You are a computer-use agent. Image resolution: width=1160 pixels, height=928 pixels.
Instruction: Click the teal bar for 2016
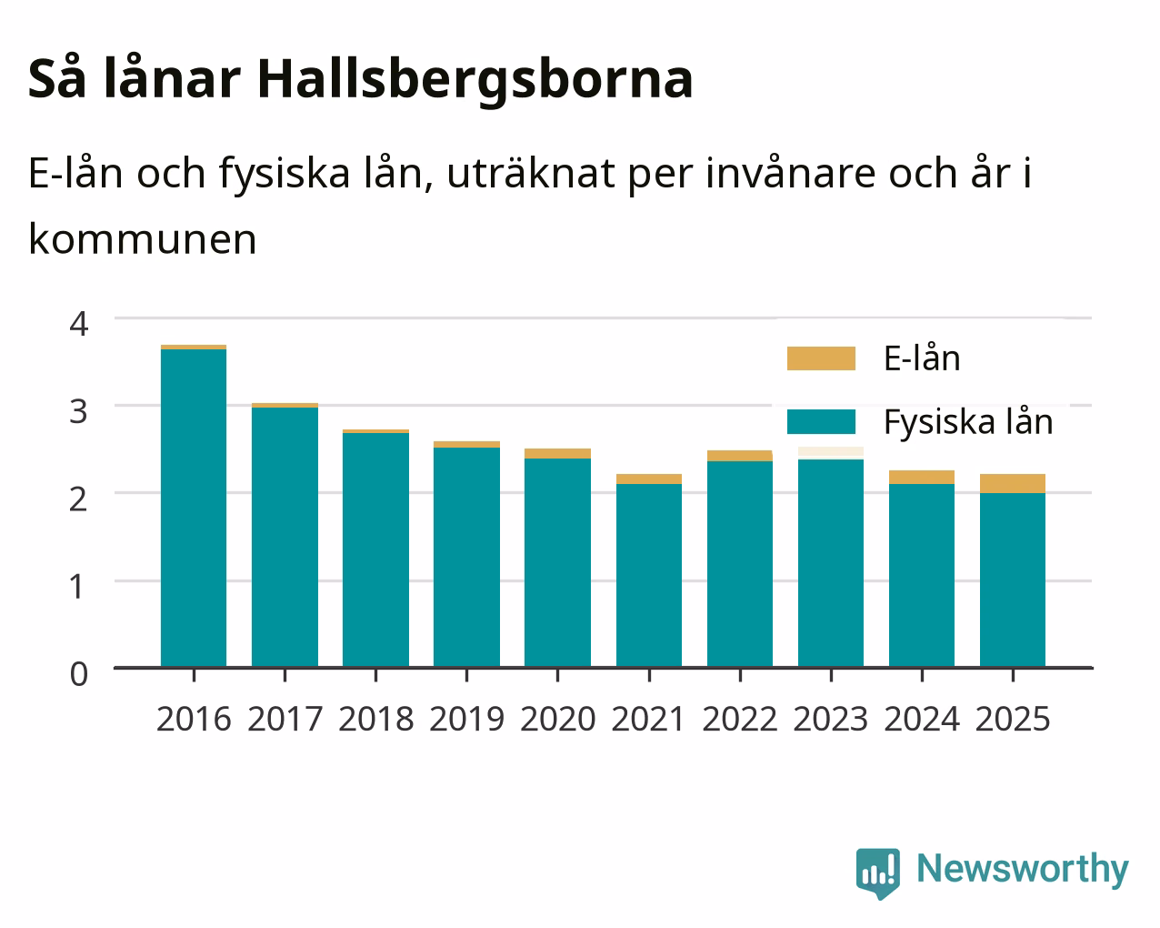194,509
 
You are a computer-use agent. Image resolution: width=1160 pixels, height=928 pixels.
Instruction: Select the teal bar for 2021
649,576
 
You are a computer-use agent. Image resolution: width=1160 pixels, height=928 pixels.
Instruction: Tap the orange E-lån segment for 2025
1013,483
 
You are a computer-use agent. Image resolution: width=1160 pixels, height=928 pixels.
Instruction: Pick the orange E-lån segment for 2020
557,453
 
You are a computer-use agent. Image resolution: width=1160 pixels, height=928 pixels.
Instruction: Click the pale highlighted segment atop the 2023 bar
831,453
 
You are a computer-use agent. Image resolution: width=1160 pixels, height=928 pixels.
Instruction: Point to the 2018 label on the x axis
375,719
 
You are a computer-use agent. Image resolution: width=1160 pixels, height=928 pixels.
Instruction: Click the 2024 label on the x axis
922,719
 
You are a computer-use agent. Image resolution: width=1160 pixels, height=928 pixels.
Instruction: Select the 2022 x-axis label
740,719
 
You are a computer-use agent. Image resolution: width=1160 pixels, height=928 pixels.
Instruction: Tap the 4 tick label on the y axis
79,324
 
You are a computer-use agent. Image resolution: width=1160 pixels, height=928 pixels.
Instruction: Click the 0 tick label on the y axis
79,674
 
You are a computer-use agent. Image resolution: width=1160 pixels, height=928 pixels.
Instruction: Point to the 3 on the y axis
79,411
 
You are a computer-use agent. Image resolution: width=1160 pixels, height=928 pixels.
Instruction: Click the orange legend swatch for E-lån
821,358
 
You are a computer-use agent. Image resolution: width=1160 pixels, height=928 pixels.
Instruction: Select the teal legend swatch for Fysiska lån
821,421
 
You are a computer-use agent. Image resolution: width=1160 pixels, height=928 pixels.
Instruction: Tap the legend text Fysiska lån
968,422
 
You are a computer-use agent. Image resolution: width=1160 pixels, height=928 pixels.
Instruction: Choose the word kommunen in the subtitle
143,239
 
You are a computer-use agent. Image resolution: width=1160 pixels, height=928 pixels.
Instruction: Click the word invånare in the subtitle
790,174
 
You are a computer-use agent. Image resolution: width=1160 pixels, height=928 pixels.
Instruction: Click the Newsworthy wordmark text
1023,870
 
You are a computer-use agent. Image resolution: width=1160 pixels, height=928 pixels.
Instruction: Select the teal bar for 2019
466,558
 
